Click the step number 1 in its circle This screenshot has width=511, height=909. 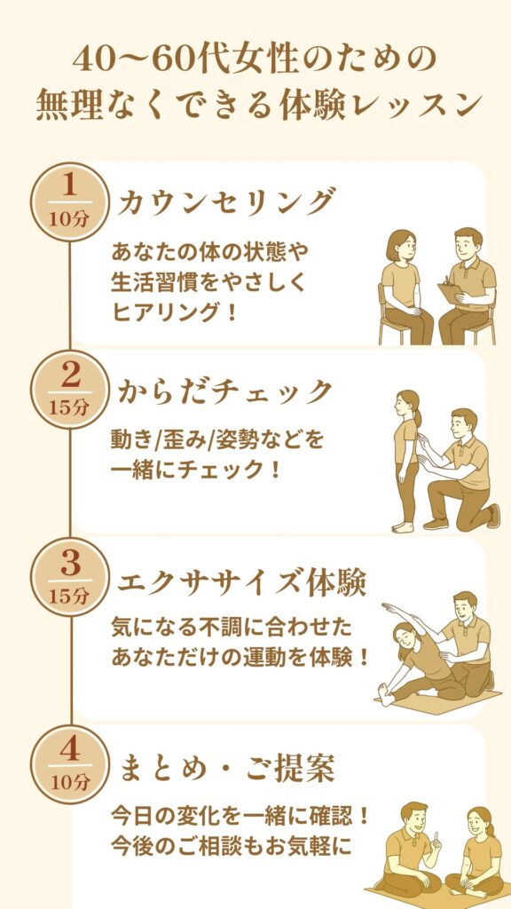pos(69,186)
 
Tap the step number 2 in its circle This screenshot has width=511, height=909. pos(70,376)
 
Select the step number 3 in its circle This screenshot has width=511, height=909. pos(70,564)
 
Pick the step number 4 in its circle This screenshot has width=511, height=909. pos(69,751)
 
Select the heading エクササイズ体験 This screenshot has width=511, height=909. pos(241,582)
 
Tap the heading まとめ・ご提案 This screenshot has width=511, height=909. pos(226,770)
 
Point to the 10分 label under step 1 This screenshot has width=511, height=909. pos(69,220)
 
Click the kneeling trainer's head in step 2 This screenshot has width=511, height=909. pos(463,425)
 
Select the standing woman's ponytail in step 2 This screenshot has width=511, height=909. pos(418,416)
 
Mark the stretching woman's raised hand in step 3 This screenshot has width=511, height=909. pos(389,607)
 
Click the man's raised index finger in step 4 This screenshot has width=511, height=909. pos(436,837)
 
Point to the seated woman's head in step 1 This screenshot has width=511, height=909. pos(401,246)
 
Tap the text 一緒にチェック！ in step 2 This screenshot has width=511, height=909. pos(196,467)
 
